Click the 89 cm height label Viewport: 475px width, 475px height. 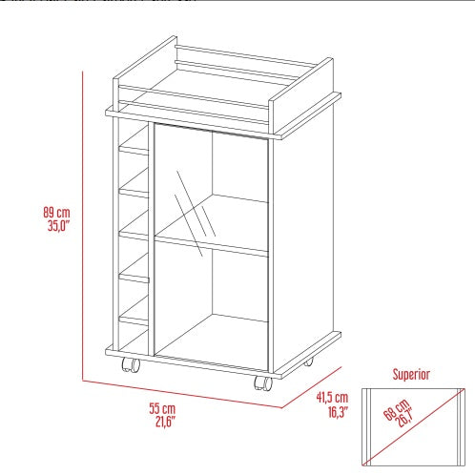57,213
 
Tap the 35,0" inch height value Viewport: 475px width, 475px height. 57,226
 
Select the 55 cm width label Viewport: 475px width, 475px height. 163,407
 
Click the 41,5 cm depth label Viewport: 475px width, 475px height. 331,398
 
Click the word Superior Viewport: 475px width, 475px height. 412,375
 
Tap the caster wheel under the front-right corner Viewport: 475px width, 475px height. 262,383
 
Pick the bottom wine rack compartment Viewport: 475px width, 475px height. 134,329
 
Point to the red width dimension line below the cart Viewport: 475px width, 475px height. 191,393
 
